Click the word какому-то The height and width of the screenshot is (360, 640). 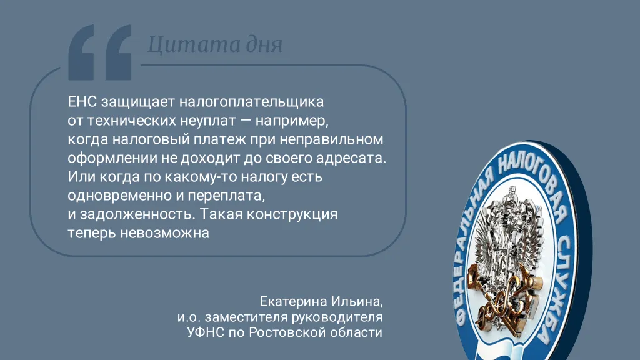196,177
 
